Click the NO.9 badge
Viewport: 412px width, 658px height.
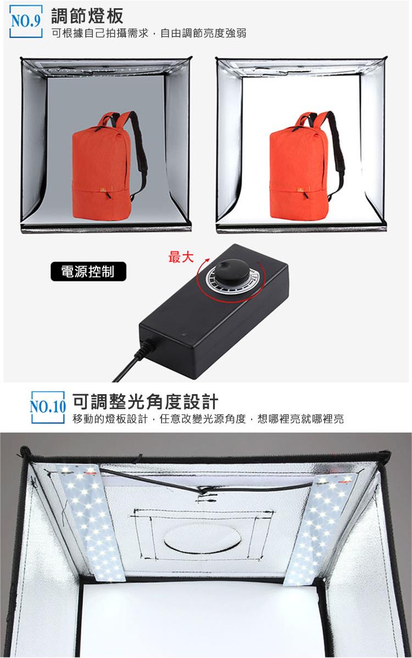click(x=26, y=21)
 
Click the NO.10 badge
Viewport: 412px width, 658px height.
click(x=48, y=407)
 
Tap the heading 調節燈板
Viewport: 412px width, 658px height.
click(x=87, y=16)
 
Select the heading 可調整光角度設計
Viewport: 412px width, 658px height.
click(x=145, y=402)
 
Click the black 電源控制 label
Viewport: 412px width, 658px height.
click(x=88, y=272)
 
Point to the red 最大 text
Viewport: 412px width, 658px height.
click(x=181, y=256)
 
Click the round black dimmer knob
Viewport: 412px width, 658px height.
click(x=232, y=270)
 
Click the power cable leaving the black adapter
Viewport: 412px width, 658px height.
click(x=132, y=361)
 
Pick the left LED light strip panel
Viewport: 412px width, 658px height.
click(x=90, y=523)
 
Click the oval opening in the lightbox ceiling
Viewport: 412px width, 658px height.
click(x=203, y=538)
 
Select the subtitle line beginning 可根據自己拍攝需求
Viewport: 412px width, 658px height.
click(x=149, y=33)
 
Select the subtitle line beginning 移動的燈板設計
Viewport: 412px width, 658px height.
click(x=208, y=419)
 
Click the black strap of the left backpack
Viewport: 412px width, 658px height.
click(x=138, y=155)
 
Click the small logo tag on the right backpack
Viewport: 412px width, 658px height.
click(x=300, y=190)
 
